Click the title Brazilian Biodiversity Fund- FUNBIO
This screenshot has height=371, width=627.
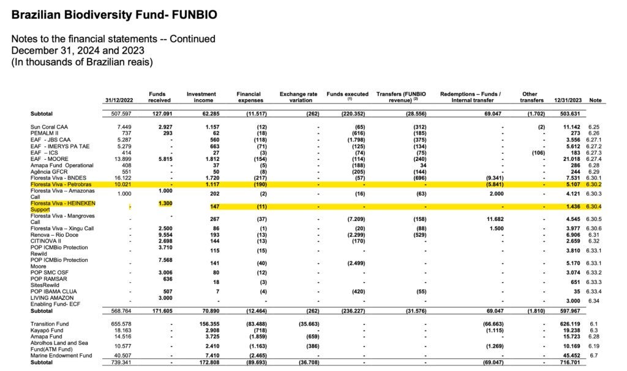(114, 13)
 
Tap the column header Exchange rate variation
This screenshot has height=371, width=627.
(298, 97)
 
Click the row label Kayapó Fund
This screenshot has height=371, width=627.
(47, 330)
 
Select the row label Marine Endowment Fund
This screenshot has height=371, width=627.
(61, 355)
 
